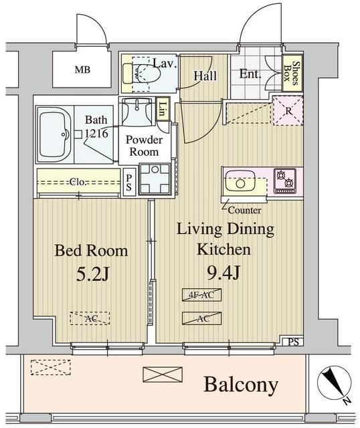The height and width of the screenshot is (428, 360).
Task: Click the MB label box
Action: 82,70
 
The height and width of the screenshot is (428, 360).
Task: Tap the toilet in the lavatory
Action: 142,75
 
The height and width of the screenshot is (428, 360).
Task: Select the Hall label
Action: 205,76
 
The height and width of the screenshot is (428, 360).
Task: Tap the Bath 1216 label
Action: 95,126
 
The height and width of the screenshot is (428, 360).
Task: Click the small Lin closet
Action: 163,110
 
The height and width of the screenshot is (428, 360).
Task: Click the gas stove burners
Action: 285,180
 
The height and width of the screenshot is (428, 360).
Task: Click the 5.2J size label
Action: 91,274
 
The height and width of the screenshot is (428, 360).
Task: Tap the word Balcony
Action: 240,385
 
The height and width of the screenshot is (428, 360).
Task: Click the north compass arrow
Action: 333,384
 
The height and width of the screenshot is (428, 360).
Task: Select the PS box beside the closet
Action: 129,183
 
